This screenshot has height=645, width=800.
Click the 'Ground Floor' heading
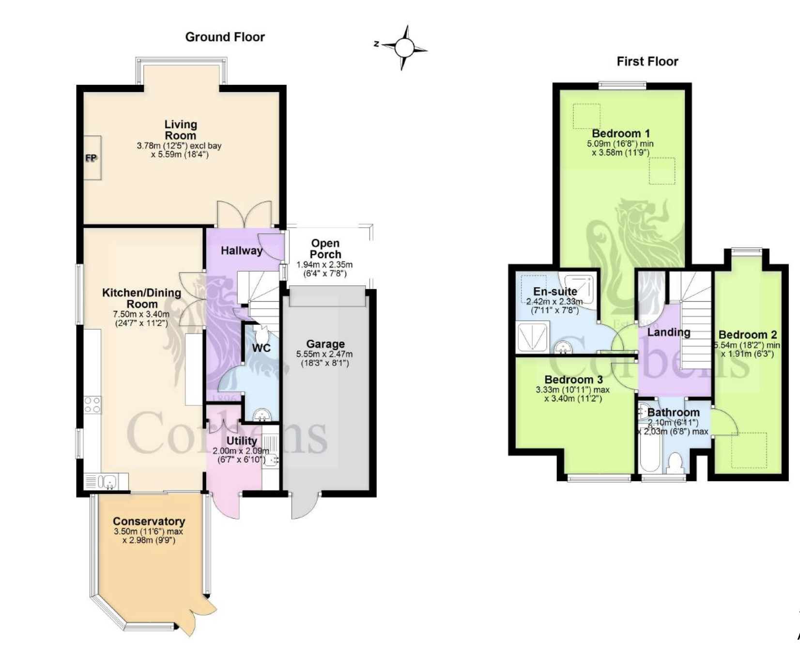click(x=225, y=37)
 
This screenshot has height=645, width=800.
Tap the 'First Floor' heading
click(x=647, y=61)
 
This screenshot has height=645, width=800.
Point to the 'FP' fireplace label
click(x=91, y=158)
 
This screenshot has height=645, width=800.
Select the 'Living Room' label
click(x=181, y=130)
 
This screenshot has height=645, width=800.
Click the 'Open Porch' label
click(x=325, y=248)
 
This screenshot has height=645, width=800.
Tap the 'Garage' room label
click(x=325, y=344)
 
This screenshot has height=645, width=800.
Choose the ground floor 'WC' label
click(x=261, y=348)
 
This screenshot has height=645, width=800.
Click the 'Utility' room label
click(x=242, y=441)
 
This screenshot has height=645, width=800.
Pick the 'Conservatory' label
click(x=149, y=522)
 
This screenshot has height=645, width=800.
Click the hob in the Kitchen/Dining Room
click(x=92, y=405)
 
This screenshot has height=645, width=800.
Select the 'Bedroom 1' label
click(x=621, y=133)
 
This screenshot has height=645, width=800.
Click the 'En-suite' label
click(x=555, y=292)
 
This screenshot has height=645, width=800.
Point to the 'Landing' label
click(x=669, y=332)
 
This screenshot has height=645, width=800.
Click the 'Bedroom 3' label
click(x=573, y=380)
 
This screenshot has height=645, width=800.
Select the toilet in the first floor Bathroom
click(x=675, y=463)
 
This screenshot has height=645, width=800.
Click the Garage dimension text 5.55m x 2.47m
click(x=324, y=354)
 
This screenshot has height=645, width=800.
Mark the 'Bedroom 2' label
click(x=748, y=335)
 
